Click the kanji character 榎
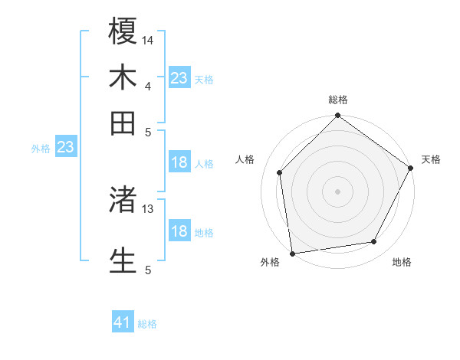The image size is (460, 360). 123,32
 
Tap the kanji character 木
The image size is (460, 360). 123,78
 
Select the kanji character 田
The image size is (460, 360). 123,123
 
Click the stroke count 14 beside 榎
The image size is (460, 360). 148,39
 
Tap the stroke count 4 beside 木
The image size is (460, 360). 148,86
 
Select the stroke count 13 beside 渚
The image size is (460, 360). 148,208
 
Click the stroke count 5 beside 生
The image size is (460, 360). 148,270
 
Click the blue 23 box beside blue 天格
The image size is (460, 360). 179,78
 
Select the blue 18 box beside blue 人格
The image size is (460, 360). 179,162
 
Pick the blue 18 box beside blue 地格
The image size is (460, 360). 179,231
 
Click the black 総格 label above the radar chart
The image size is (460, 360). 338,100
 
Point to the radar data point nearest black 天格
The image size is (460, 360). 411,169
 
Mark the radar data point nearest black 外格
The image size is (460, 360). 292,253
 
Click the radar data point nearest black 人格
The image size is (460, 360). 280,172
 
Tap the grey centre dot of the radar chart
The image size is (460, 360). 338,191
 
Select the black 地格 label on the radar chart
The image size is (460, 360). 402,262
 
